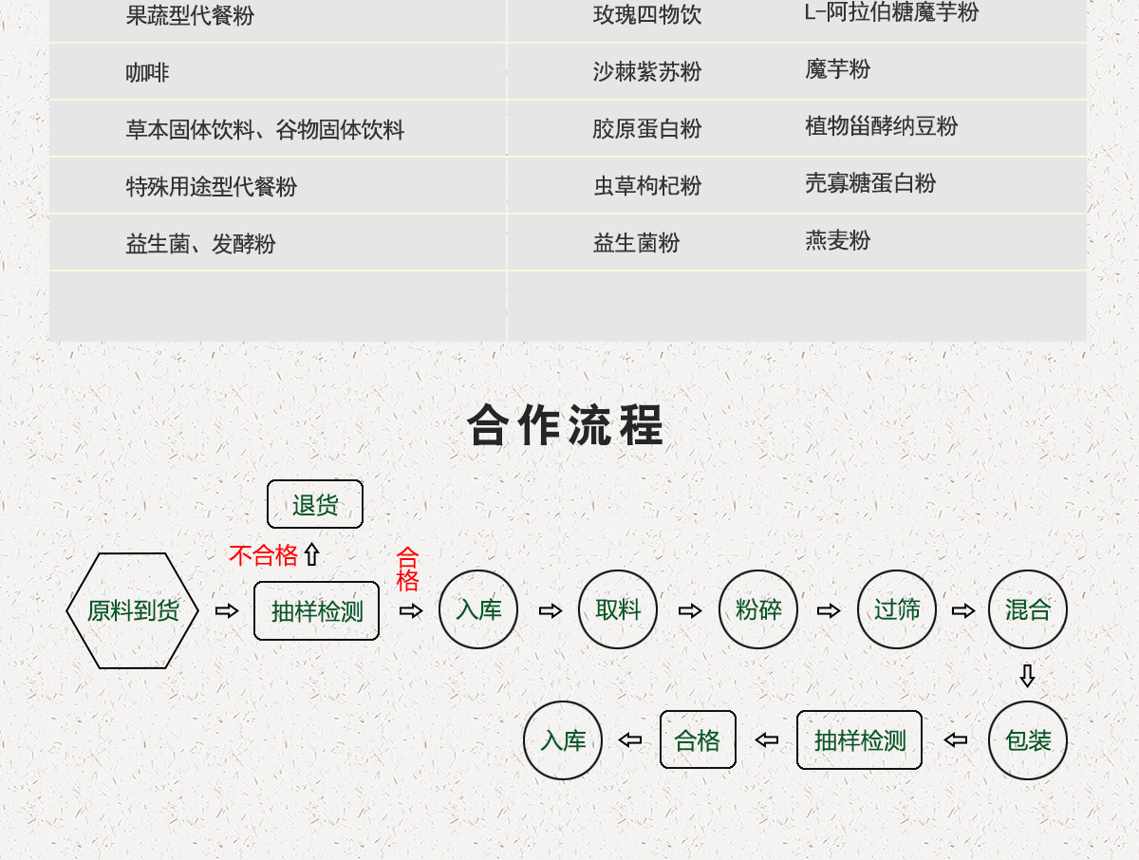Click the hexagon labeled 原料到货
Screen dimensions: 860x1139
pyautogui.click(x=133, y=610)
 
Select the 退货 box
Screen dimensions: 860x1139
pyautogui.click(x=315, y=504)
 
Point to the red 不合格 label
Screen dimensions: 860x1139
pyautogui.click(x=263, y=555)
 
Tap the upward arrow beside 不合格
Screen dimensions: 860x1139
pyautogui.click(x=311, y=555)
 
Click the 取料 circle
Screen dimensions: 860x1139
pyautogui.click(x=618, y=609)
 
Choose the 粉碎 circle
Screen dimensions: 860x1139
pyautogui.click(x=758, y=609)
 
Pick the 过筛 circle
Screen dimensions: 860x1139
pyautogui.click(x=897, y=609)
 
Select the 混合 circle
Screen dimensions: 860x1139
pyautogui.click(x=1028, y=609)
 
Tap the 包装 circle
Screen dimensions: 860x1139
pyautogui.click(x=1028, y=740)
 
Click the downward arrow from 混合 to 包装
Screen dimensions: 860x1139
pyautogui.click(x=1027, y=676)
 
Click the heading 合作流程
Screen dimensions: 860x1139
pyautogui.click(x=566, y=425)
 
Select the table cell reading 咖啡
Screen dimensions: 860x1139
pyautogui.click(x=147, y=72)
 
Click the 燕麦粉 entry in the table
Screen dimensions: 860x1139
pyautogui.click(x=837, y=241)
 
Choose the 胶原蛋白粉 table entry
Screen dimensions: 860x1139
pyautogui.click(x=646, y=129)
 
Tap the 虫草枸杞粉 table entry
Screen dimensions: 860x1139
pyautogui.click(x=647, y=186)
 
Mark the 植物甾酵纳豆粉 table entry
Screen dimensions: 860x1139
pyautogui.click(x=881, y=126)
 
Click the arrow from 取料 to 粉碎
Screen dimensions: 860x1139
pyautogui.click(x=690, y=610)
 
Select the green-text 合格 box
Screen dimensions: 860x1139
pyautogui.click(x=698, y=740)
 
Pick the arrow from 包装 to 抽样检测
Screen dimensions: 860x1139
pyautogui.click(x=956, y=740)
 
